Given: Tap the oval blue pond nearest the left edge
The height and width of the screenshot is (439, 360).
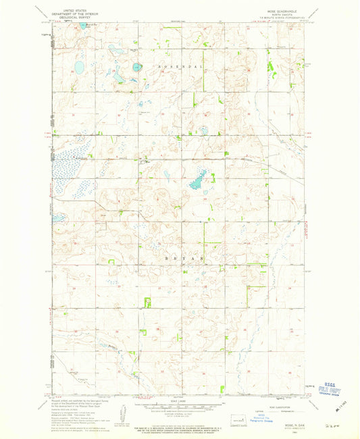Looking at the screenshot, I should pos(79,67).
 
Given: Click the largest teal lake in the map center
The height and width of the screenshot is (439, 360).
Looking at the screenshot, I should pos(197,180).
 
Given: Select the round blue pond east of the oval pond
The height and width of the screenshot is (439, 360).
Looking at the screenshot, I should pos(137,67).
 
